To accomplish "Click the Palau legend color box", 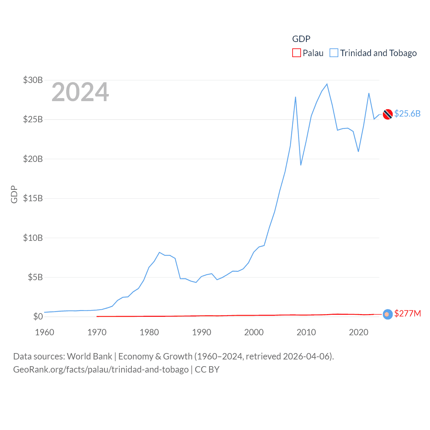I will (x=296, y=53).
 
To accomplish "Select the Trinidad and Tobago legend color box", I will (x=334, y=53).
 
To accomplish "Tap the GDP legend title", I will (x=301, y=39).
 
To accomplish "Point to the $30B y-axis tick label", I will (x=33, y=80).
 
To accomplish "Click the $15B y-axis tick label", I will (x=33, y=198).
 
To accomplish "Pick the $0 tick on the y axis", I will (x=38, y=316).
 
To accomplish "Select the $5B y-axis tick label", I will (x=35, y=277).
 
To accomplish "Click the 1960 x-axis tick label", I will (x=44, y=332).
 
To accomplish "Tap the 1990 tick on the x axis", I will (x=202, y=332).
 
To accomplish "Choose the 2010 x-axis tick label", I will (x=306, y=332).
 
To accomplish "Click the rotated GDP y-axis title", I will (x=14, y=194).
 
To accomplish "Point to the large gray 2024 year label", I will (x=80, y=92).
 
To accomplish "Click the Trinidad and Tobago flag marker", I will (x=388, y=114).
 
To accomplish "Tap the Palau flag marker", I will (x=388, y=314).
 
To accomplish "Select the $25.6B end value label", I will (x=407, y=114).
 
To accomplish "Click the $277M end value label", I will (x=407, y=313).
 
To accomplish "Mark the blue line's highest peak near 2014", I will (x=327, y=84).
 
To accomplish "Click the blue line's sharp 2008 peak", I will (x=295, y=97).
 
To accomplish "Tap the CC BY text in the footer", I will (x=207, y=370).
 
